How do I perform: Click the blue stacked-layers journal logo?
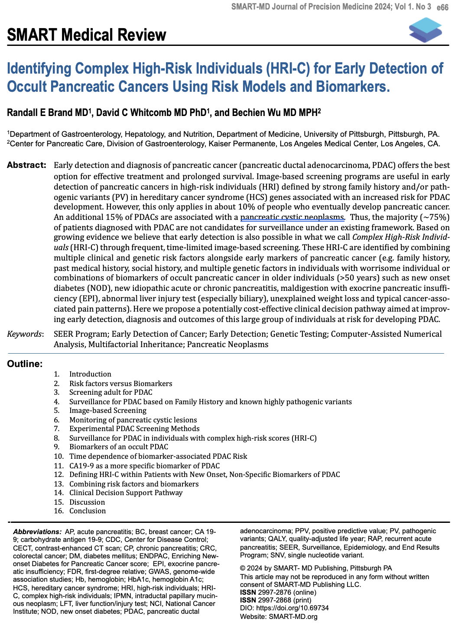tap(425, 30)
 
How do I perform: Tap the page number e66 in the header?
tap(442, 7)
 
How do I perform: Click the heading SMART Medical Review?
tap(87, 35)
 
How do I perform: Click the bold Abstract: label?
tap(26, 165)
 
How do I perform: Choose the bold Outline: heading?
tap(25, 364)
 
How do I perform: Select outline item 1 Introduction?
tap(90, 374)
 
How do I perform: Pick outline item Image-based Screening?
tap(108, 410)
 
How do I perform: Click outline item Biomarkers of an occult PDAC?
tap(119, 447)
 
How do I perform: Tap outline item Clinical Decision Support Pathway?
tap(126, 493)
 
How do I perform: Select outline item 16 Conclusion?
tap(88, 511)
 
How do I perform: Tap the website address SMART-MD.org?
tap(293, 616)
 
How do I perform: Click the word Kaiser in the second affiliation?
tap(288, 144)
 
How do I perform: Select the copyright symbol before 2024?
tap(243, 568)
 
